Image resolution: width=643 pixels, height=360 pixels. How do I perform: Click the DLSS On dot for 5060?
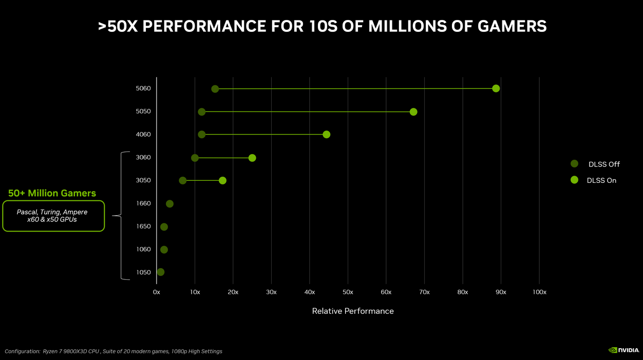click(496, 88)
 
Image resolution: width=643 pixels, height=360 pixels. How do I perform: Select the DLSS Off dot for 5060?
click(215, 89)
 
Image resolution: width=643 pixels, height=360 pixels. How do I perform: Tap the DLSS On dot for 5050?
click(413, 112)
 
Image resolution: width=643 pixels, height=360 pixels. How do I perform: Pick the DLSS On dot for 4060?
click(326, 135)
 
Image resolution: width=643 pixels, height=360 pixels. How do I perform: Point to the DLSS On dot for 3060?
click(252, 158)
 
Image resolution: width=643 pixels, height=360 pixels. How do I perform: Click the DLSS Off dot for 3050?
click(183, 180)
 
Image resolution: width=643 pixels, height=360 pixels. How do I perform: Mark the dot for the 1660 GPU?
click(169, 204)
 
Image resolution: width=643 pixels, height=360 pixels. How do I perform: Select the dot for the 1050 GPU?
click(161, 272)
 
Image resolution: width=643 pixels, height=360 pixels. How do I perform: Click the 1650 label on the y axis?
click(143, 226)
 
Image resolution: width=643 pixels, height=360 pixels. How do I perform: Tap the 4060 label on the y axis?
click(143, 135)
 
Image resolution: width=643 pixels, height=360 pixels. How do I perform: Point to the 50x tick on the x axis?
click(348, 292)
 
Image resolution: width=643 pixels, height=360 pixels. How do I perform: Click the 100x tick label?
click(539, 292)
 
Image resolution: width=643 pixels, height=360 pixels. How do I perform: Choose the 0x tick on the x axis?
click(157, 292)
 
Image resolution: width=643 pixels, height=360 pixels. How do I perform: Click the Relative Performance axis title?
click(353, 311)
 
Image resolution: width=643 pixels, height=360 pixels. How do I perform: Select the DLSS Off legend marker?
click(574, 164)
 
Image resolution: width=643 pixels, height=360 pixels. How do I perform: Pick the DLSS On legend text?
click(601, 181)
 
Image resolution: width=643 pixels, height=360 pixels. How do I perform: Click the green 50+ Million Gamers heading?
click(52, 194)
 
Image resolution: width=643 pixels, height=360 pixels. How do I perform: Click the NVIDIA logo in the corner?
click(623, 350)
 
